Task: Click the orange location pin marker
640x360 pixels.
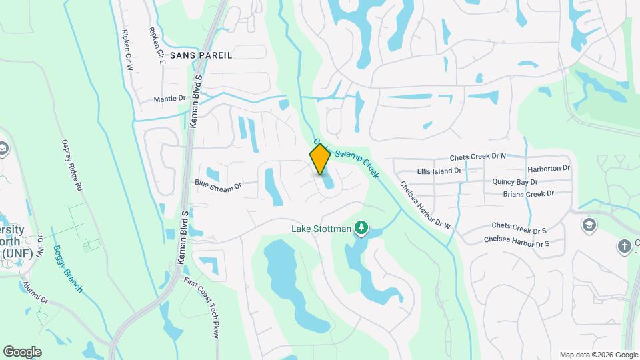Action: pos(320,159)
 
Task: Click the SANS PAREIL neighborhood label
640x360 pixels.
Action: pos(201,55)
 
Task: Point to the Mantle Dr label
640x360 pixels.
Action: pos(169,99)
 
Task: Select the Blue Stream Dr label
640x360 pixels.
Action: pos(217,185)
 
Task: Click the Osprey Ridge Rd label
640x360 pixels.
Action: pos(72,165)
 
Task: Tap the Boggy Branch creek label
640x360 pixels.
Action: pos(69,260)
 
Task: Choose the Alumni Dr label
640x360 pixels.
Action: pos(35,291)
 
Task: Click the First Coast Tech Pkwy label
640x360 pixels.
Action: pos(202,306)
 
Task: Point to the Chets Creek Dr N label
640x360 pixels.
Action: pos(478,157)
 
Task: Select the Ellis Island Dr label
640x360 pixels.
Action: pos(439,171)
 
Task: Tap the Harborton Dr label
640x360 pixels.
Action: pos(549,169)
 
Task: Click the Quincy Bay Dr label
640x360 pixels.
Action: pos(515,181)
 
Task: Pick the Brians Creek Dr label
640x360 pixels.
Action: pos(528,194)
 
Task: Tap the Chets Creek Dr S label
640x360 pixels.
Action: pos(519,228)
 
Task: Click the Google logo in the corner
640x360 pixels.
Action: pos(22,351)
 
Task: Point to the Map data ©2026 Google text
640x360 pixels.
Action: pos(598,355)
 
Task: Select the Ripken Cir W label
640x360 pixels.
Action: pos(128,50)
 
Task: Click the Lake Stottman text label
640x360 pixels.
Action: pos(321,229)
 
